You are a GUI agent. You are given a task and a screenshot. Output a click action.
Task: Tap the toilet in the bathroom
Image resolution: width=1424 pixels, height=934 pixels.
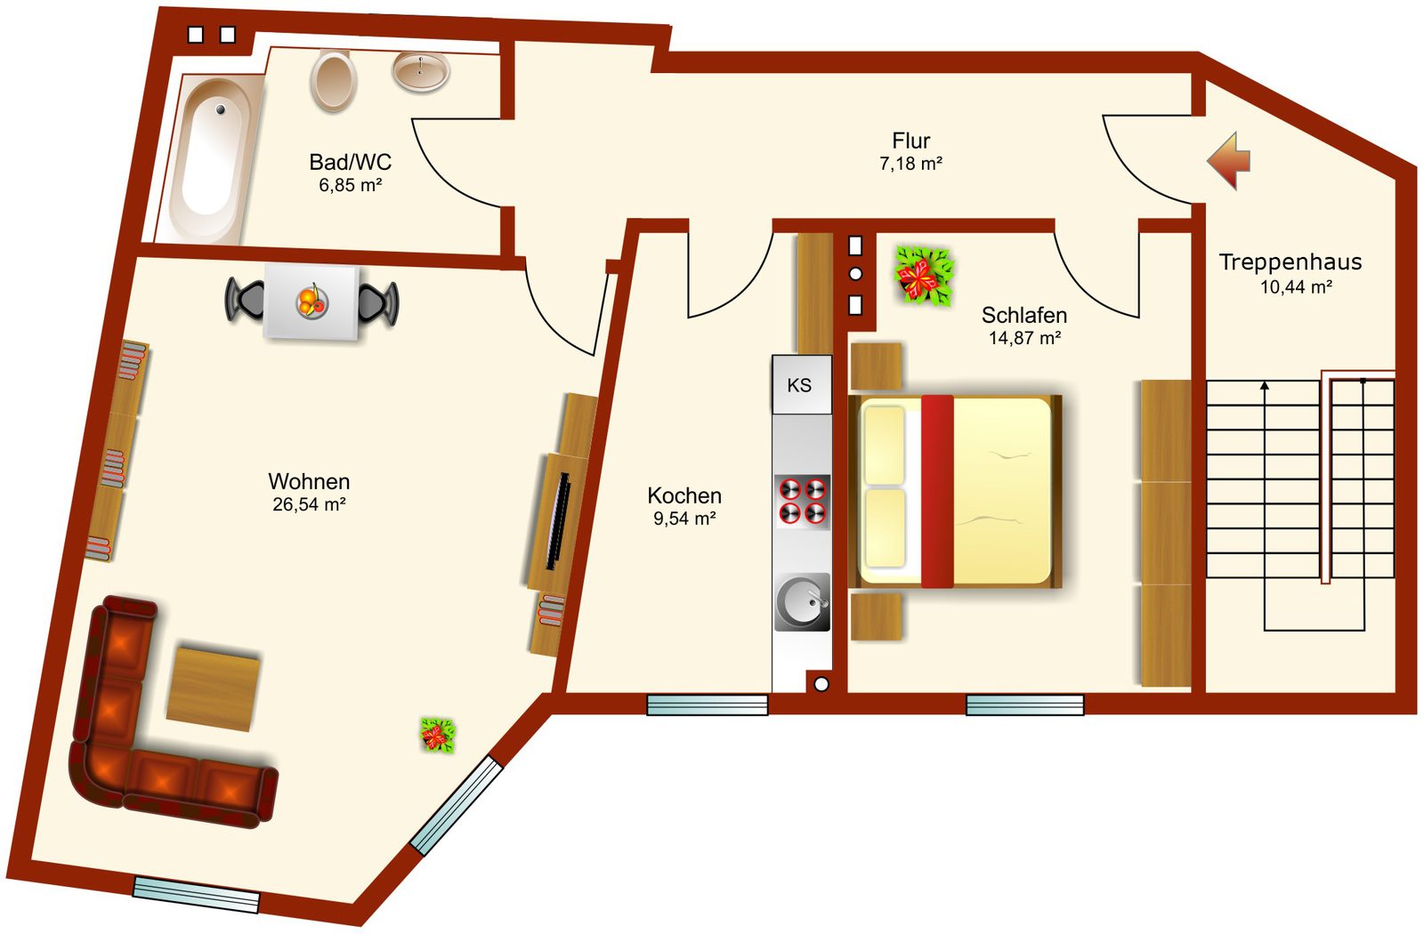[x=333, y=81]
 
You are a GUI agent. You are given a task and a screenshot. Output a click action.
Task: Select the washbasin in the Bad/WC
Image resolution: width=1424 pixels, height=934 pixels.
[x=421, y=71]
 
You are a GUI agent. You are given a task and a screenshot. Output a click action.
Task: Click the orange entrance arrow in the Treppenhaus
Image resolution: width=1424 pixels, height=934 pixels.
[x=1229, y=160]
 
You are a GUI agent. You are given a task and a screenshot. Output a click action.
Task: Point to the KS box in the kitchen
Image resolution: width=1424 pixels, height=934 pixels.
[x=802, y=384]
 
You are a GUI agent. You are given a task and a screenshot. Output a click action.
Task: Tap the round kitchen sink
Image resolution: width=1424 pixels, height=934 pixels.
[x=802, y=601]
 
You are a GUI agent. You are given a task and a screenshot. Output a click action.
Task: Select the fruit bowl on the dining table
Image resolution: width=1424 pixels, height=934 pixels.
[x=312, y=302]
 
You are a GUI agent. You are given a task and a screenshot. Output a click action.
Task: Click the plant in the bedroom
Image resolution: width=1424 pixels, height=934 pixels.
[x=924, y=276]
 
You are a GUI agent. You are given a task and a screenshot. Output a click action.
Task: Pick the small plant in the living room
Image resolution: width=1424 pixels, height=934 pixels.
[x=438, y=735]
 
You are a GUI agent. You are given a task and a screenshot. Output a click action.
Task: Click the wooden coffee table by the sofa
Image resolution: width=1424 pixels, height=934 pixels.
[x=214, y=688]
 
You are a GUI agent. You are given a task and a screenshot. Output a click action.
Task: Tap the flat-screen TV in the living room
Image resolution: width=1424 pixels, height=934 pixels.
[x=557, y=521]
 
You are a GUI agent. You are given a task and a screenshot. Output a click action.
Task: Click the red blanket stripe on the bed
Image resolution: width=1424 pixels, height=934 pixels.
[x=937, y=491]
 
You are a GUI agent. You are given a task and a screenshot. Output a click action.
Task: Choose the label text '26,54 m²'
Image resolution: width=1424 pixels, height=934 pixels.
[x=309, y=504]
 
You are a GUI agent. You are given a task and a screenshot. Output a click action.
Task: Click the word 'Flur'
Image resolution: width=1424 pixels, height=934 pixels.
[x=911, y=141]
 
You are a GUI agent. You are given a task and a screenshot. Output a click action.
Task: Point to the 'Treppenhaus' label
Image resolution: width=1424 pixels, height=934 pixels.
[x=1290, y=262]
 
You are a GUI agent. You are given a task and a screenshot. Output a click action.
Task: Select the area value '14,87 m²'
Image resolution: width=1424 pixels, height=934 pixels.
[x=1024, y=338]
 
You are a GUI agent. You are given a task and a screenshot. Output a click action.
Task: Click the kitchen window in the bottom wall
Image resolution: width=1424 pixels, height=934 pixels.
[x=708, y=705]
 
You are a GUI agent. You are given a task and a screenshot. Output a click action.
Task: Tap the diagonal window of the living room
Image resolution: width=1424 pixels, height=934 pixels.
[x=457, y=805]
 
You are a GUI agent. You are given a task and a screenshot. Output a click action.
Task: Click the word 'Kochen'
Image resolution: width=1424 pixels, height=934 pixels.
[x=684, y=495]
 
